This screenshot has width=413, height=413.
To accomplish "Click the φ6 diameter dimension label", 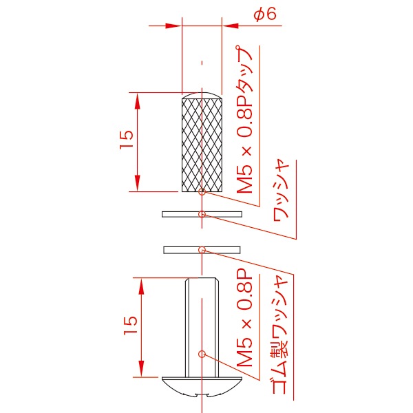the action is tap(265, 14).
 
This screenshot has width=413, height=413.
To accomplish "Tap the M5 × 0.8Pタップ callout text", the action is tap(244, 120).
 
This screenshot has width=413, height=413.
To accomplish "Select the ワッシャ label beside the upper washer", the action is tap(281, 190).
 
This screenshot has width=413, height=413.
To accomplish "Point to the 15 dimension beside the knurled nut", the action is tap(127, 140).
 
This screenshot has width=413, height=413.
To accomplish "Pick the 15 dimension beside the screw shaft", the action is tap(131, 326).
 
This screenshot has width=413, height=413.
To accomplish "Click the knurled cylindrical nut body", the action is tap(202, 145).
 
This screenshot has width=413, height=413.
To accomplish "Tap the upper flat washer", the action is tap(202, 214).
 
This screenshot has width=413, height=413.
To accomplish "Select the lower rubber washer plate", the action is tap(202, 250).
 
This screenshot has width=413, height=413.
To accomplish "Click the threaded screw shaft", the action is tap(202, 328).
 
